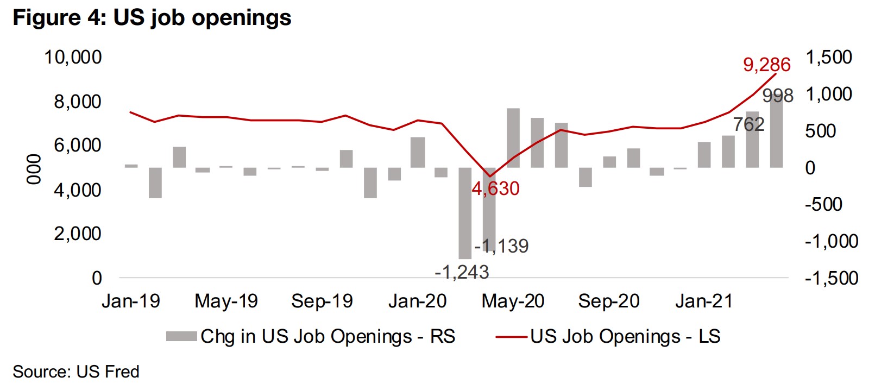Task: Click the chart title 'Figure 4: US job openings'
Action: coord(152,18)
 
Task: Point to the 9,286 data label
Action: coord(766,65)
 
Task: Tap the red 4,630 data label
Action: coord(495,188)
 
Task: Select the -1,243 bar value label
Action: coord(462,272)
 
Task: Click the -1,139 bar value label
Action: coord(501,246)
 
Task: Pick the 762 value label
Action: coord(748,124)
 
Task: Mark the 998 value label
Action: coord(778,96)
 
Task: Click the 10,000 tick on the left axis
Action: coord(73,57)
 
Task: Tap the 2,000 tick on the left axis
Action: coord(77,234)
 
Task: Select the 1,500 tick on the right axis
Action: coord(828,57)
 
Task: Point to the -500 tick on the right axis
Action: coord(823,204)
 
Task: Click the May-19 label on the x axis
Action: coord(226,301)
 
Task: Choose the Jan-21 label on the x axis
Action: coord(704,301)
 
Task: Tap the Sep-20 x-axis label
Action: coord(608,301)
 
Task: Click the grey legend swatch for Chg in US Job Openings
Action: coord(181,337)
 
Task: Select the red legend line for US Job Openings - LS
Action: coord(511,337)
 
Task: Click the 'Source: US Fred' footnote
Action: coord(76,372)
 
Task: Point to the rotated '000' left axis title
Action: coord(34,169)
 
